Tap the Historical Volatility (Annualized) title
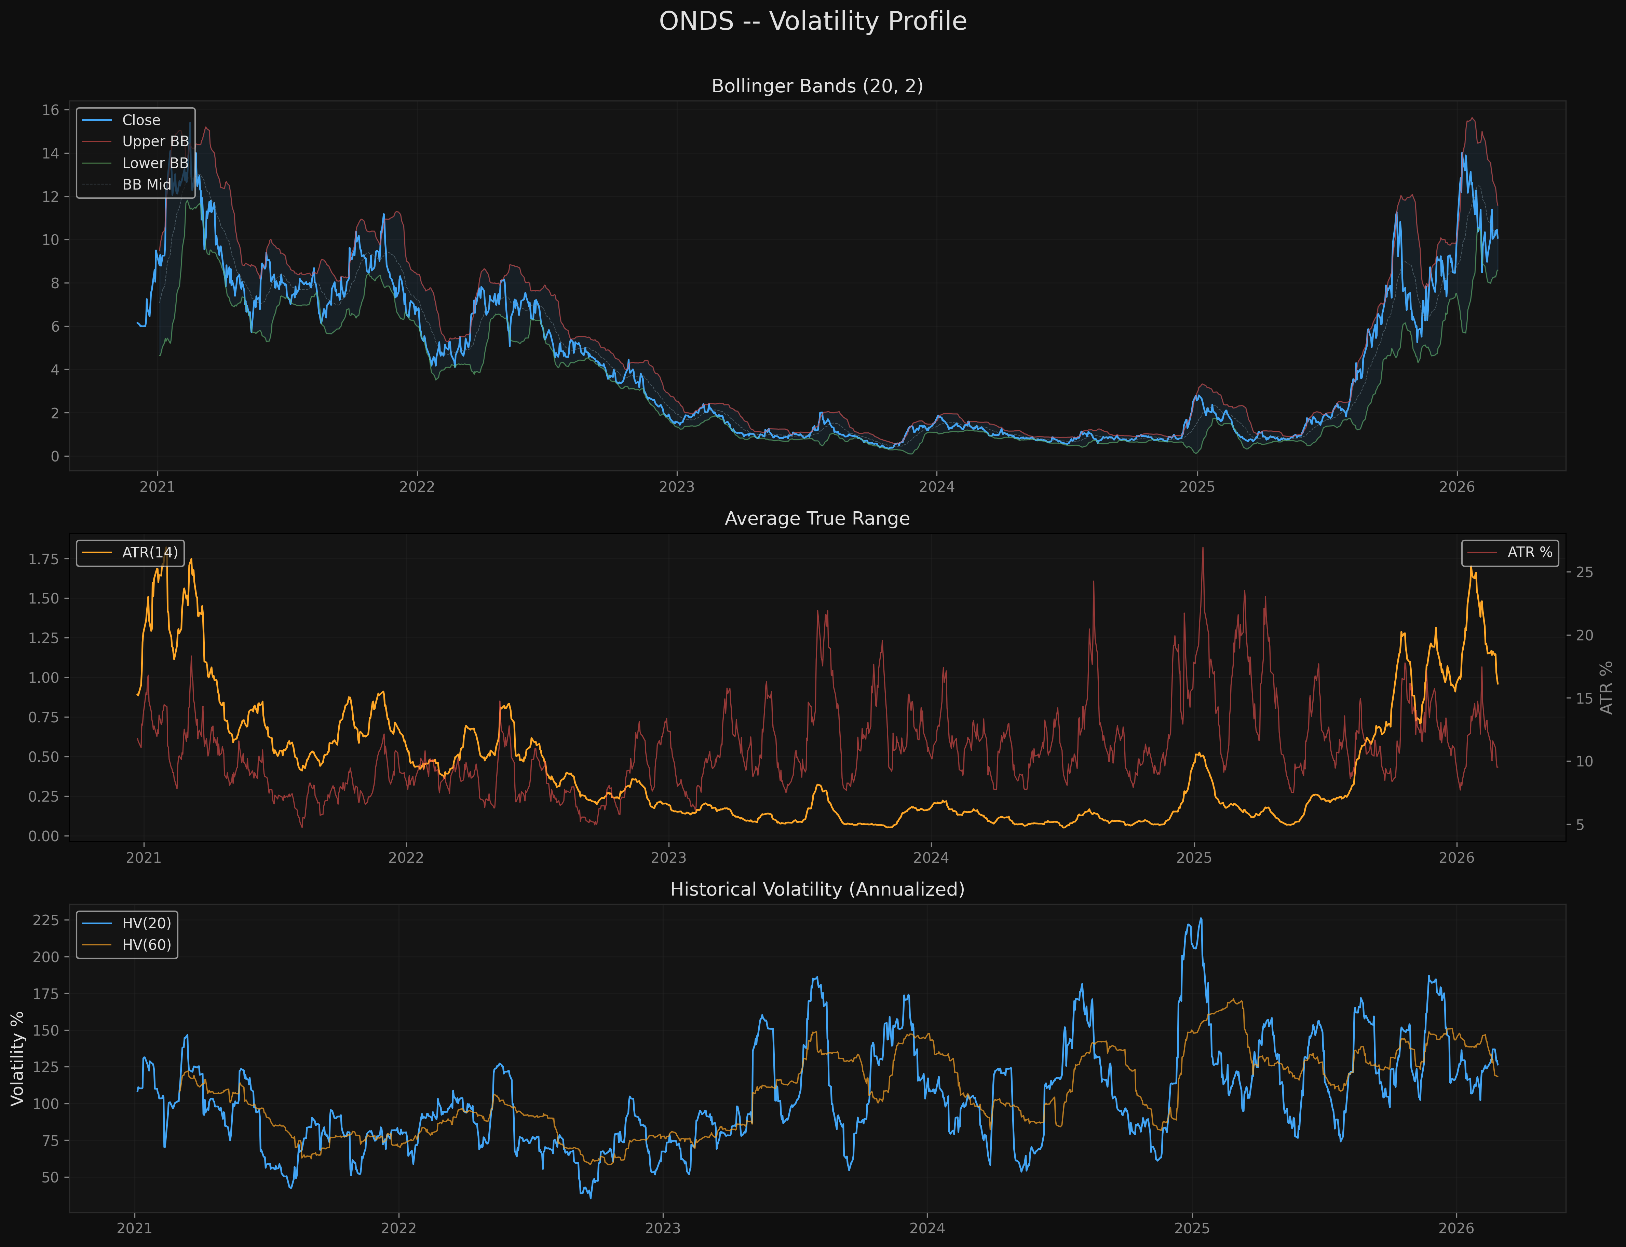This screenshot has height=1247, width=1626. pyautogui.click(x=817, y=889)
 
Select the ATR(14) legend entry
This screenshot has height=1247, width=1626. pyautogui.click(x=150, y=552)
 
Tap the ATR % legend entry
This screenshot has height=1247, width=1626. pyautogui.click(x=1530, y=552)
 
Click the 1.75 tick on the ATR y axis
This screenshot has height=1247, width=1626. pyautogui.click(x=43, y=559)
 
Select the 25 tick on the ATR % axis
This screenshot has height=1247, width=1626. pyautogui.click(x=1584, y=572)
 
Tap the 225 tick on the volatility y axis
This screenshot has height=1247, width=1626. pyautogui.click(x=46, y=920)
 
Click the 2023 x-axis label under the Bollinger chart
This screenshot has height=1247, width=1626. pyautogui.click(x=676, y=487)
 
